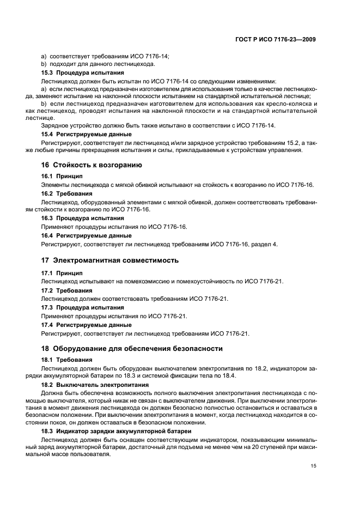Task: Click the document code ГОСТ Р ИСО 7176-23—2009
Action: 276,39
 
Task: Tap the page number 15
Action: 313,466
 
